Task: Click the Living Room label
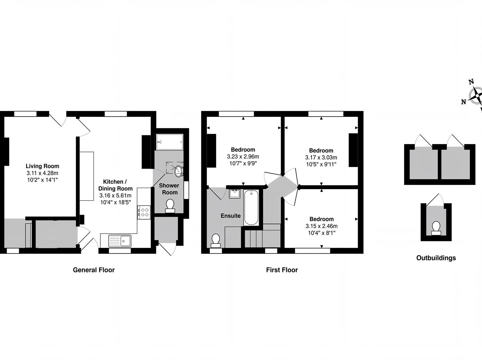point(42,166)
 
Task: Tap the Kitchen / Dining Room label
point(115,185)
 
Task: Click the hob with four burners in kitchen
point(145,212)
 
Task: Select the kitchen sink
point(120,240)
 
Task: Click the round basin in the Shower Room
point(179,171)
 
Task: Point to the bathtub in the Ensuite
point(251,207)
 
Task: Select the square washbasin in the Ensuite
point(235,194)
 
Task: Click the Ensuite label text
point(231,216)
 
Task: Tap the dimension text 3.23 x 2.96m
point(243,156)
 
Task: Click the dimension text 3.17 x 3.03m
point(321,157)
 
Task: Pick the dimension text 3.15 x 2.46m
point(321,226)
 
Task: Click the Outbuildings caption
point(436,258)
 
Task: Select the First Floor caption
point(282,270)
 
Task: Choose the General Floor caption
point(94,270)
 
